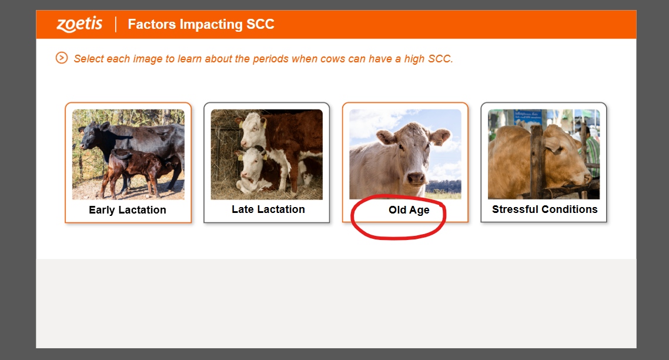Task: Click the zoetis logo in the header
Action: pos(80,24)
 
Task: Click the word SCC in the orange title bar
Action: pos(260,24)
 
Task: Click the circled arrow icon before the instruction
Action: pos(62,58)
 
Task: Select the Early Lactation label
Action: pos(127,209)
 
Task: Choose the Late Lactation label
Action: pos(269,209)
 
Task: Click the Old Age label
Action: pos(409,209)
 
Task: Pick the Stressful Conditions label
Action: pos(544,209)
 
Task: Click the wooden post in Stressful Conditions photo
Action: pos(536,160)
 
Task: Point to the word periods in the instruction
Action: pos(270,58)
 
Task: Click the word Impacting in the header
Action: pos(211,24)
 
